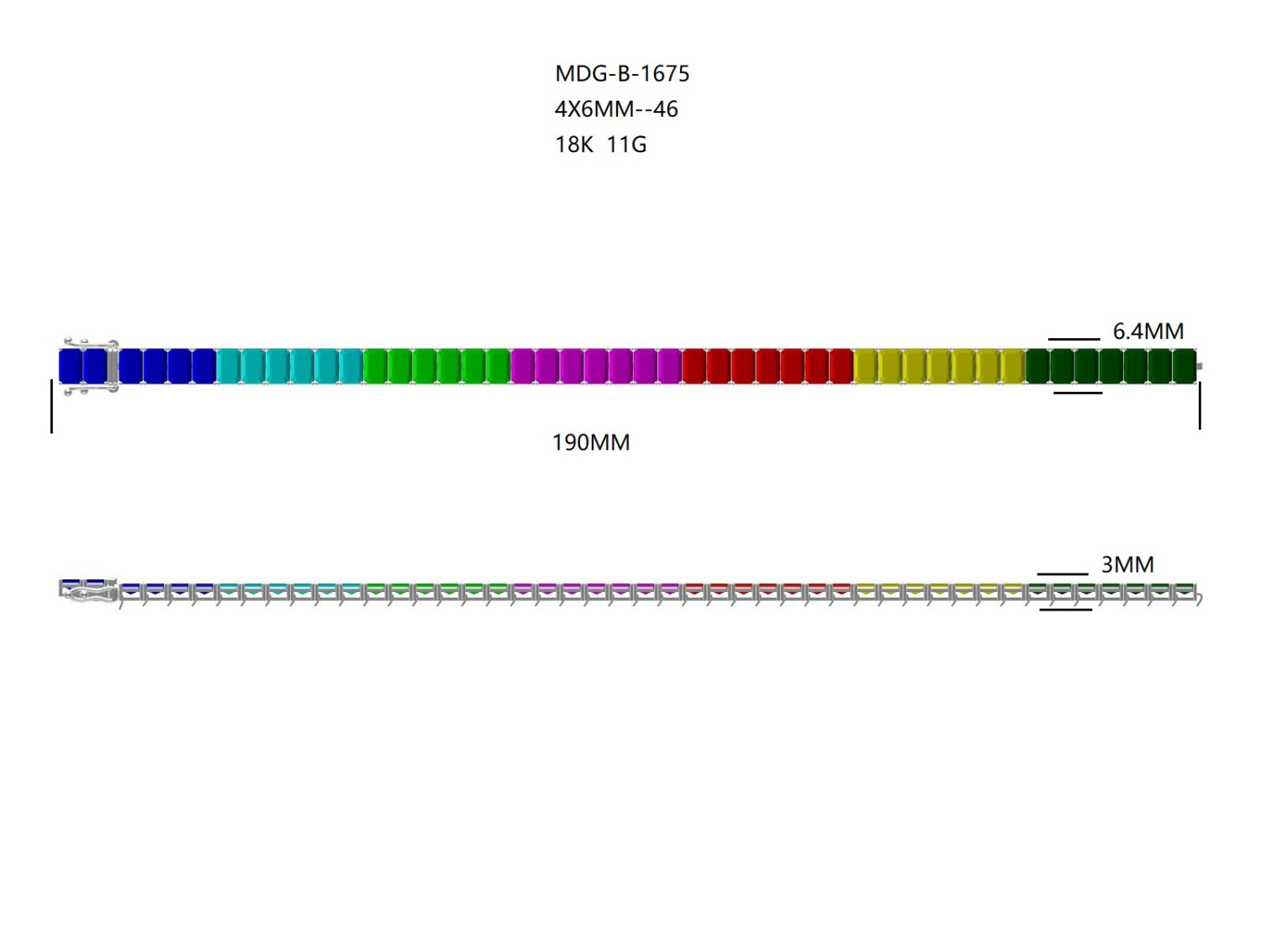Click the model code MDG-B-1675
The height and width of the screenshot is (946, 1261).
click(621, 73)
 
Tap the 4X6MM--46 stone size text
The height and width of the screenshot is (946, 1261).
click(616, 109)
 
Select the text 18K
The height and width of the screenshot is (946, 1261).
click(573, 145)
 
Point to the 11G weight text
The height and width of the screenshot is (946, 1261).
click(626, 145)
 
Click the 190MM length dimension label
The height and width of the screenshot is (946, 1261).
click(591, 443)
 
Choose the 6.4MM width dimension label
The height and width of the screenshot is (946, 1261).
click(1148, 331)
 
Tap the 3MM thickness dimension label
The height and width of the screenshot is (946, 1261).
click(1127, 564)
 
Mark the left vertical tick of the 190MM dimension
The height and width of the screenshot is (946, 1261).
click(52, 406)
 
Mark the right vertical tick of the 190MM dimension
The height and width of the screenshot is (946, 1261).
click(1200, 405)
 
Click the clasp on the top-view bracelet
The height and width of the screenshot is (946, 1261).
click(92, 366)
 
